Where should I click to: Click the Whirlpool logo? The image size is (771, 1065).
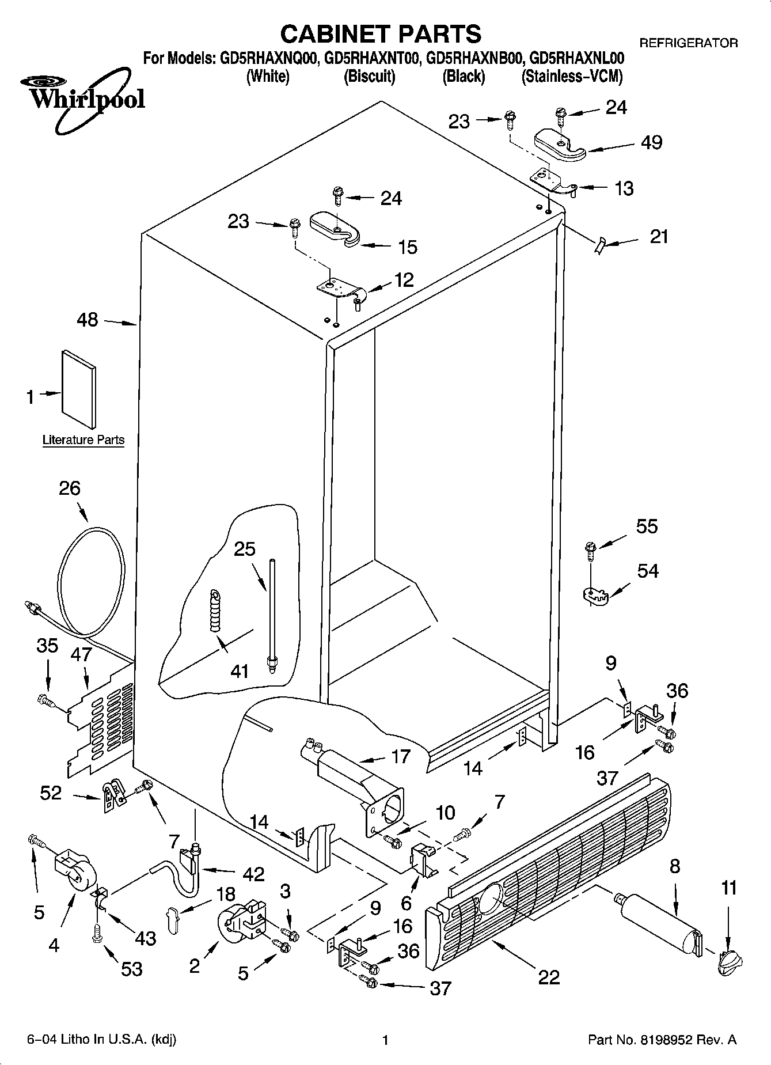81,98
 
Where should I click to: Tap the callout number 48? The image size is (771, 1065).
88,319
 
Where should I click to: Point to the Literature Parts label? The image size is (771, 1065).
83,440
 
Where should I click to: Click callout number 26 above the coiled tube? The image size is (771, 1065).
70,488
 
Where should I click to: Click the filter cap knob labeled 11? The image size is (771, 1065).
728,961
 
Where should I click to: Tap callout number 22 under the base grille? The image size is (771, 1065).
549,977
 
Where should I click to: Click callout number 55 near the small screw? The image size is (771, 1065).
647,526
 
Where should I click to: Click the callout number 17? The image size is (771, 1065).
401,756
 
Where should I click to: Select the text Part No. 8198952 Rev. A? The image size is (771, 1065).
662,1040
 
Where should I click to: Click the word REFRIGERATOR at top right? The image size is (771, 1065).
689,43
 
